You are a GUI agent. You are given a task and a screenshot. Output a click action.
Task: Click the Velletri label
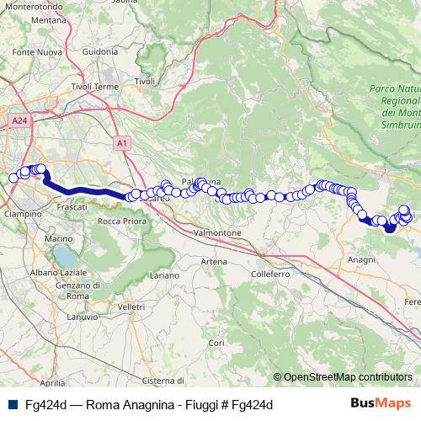tap(131, 308)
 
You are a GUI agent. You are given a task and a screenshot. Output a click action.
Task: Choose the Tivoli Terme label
tap(95, 87)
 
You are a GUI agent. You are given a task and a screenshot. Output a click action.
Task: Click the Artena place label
tap(214, 262)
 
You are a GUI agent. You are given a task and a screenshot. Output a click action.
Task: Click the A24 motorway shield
tap(20, 121)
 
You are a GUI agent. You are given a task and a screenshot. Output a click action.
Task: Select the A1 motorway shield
tap(122, 144)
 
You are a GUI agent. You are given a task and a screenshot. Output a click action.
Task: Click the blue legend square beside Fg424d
tap(13, 404)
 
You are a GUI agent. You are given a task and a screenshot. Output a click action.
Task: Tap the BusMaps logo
tap(381, 403)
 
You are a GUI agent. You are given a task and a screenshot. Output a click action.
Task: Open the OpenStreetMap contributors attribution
tap(348, 377)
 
